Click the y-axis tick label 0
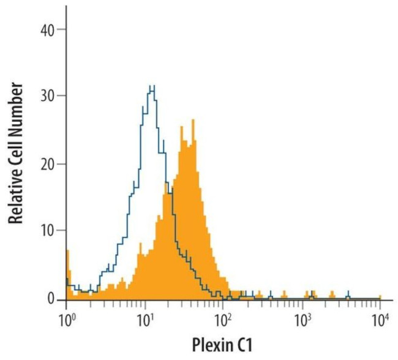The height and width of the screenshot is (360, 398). click(x=51, y=299)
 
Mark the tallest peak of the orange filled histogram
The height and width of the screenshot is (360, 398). click(x=193, y=121)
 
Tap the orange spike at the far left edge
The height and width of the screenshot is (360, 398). click(x=67, y=252)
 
